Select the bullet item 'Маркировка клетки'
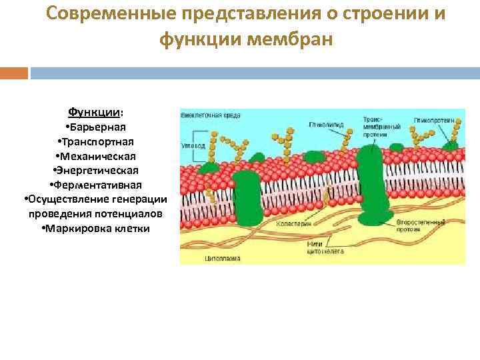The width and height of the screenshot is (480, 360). pos(95,229)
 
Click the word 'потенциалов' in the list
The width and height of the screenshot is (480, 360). pos(131,214)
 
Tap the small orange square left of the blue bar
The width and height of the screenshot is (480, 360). pos(14,72)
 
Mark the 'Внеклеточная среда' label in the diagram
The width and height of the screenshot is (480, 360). pos(207,115)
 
